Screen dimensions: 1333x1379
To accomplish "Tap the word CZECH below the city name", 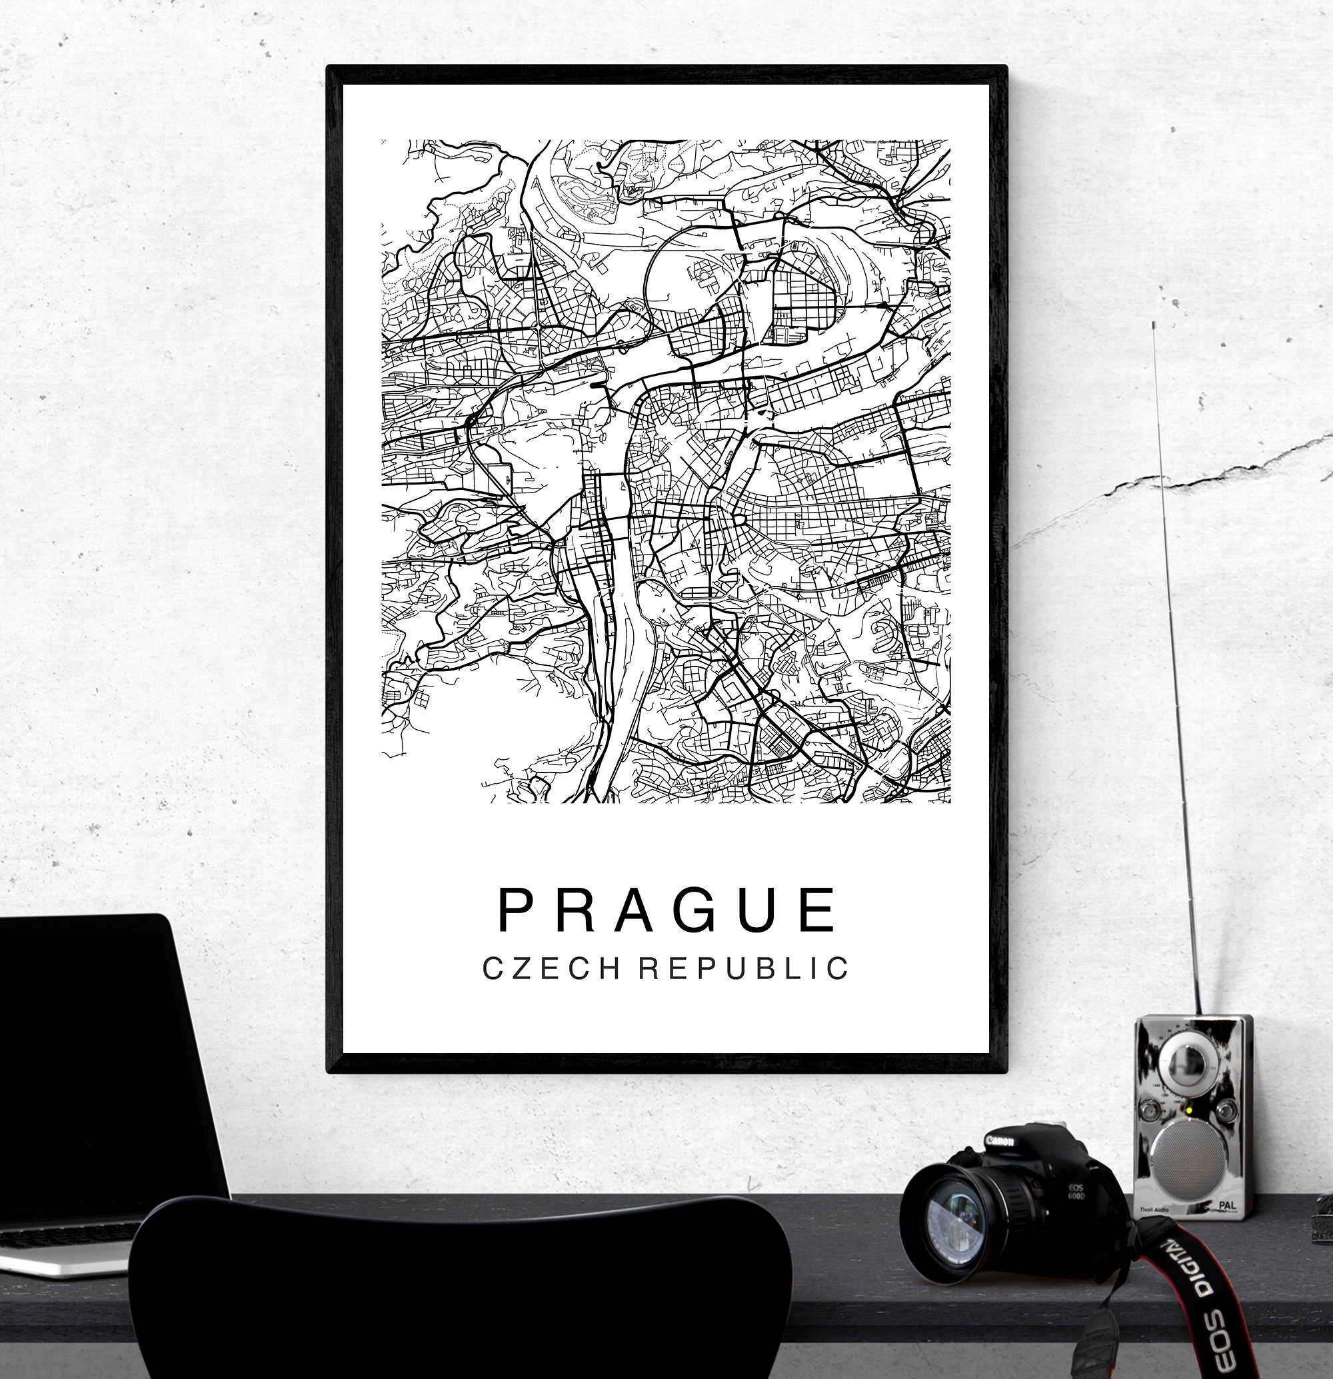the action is tap(551, 969).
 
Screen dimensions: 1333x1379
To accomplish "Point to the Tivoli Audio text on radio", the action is tap(1154, 1210).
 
